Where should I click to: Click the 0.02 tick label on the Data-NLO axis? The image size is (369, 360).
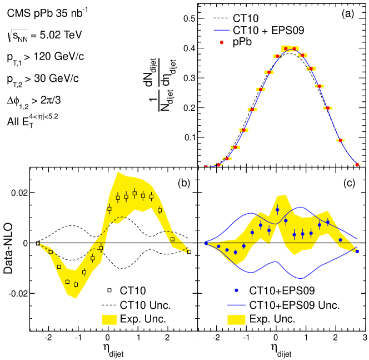(x=18, y=193)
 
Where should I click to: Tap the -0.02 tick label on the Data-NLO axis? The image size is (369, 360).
(x=16, y=293)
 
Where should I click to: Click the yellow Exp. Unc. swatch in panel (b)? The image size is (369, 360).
(x=111, y=319)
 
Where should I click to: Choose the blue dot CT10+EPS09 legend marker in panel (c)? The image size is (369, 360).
(x=237, y=290)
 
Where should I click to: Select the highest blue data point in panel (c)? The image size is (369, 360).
(x=277, y=210)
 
